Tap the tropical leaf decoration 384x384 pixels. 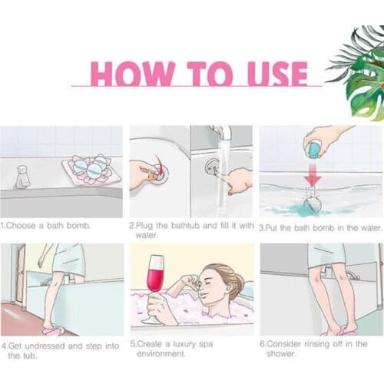click(x=359, y=73)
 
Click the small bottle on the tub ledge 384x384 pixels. click(x=22, y=177)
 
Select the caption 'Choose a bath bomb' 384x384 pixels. click(x=45, y=226)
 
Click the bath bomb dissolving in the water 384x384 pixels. click(x=313, y=204)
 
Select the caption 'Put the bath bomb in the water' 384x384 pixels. click(x=320, y=228)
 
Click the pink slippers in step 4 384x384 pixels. click(x=52, y=332)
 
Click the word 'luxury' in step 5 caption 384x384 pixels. click(x=184, y=344)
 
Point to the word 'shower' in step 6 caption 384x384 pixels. click(x=281, y=354)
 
